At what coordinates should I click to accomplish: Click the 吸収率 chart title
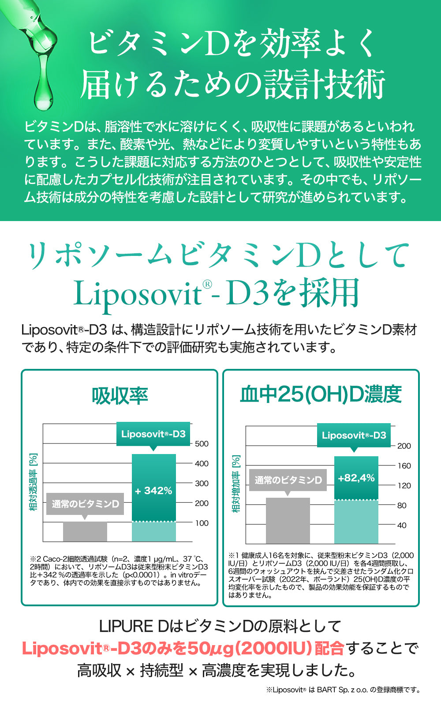[x=120, y=396]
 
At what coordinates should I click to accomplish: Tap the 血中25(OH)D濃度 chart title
[x=321, y=394]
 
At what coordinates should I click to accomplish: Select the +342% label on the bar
[x=153, y=491]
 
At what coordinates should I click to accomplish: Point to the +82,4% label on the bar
[x=356, y=478]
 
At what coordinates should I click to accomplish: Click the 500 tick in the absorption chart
[x=202, y=444]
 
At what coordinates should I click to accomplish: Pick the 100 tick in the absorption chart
[x=202, y=523]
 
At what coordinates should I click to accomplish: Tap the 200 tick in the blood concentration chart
[x=404, y=446]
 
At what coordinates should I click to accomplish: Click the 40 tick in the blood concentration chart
[x=401, y=526]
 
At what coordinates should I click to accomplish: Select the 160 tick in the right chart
[x=404, y=466]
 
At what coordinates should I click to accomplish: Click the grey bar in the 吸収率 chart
[x=85, y=531]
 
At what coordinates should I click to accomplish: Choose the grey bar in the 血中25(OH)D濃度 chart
[x=288, y=521]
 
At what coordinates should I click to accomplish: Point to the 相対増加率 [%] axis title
[x=236, y=484]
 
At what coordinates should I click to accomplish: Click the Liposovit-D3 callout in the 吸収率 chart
[x=153, y=434]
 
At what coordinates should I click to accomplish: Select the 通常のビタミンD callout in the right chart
[x=288, y=480]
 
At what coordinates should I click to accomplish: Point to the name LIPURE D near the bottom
[x=133, y=626]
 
